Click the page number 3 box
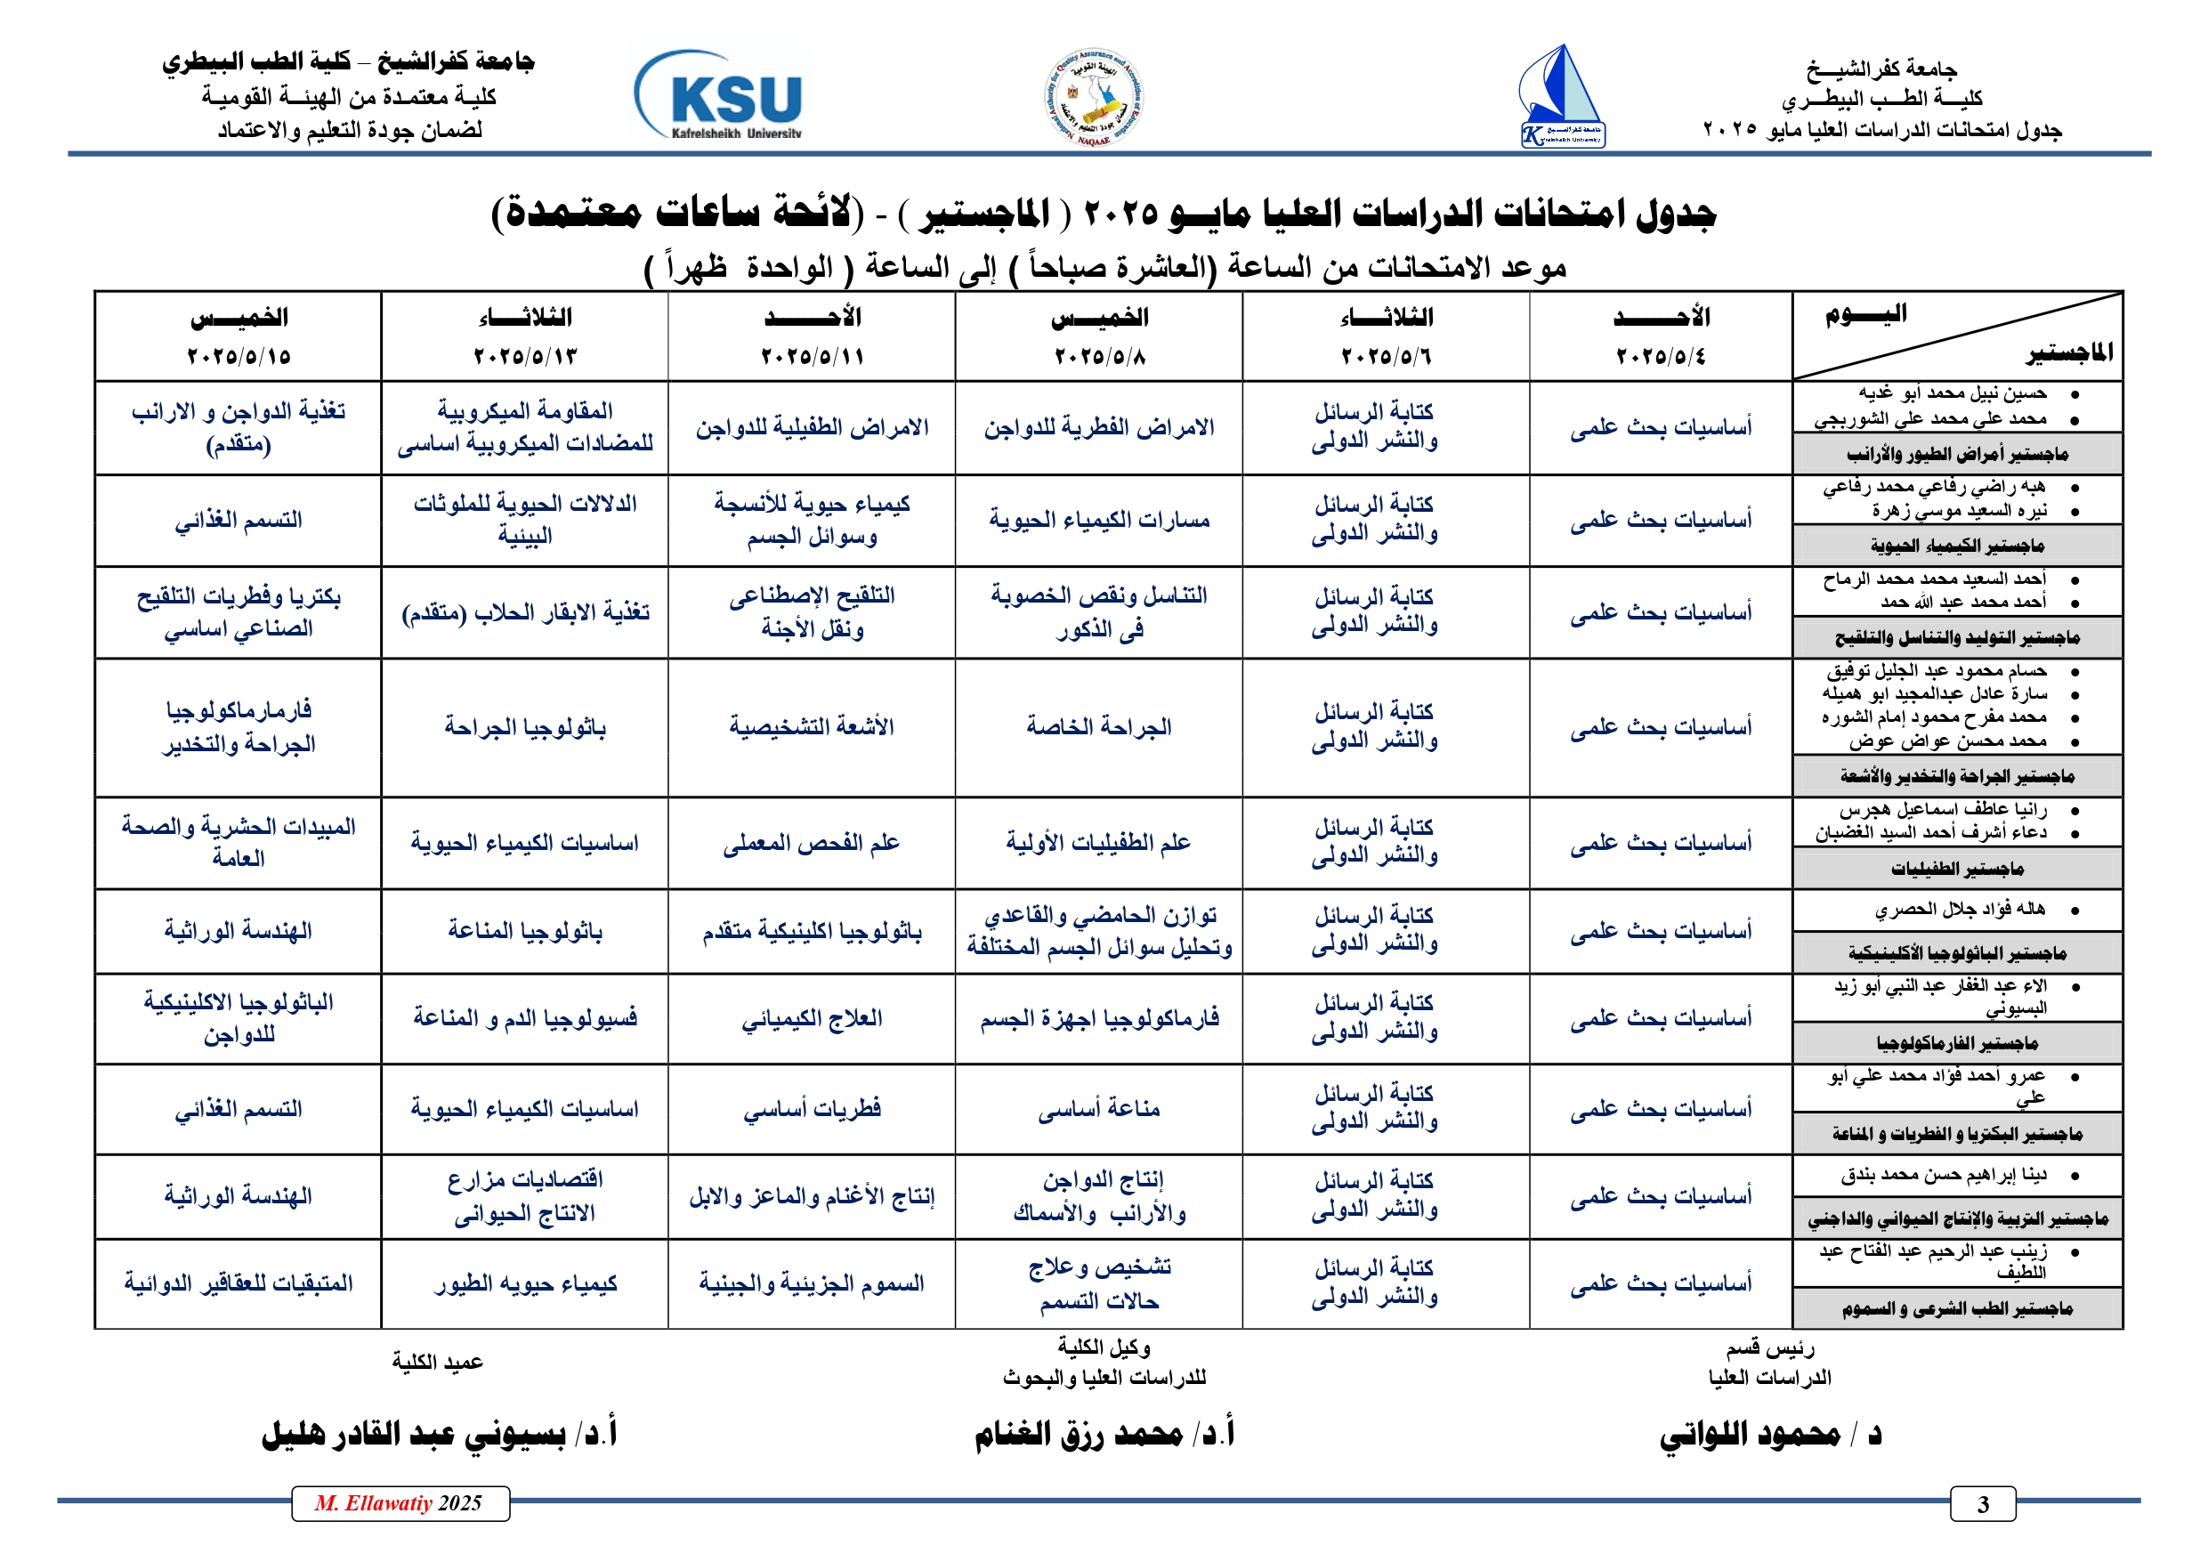(x=1982, y=1504)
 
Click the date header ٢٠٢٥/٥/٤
(x=1660, y=357)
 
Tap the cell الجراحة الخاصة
(x=1098, y=727)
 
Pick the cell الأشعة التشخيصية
(x=811, y=727)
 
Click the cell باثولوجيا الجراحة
(x=525, y=727)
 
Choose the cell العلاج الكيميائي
(x=811, y=1018)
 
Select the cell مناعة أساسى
(x=1098, y=1109)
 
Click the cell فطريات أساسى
(x=811, y=1109)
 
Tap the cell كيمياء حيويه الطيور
(x=525, y=1284)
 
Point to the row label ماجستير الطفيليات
(x=1957, y=870)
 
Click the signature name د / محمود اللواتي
(x=1769, y=1434)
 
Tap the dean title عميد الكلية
(x=438, y=1362)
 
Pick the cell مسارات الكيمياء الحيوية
(x=1098, y=521)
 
